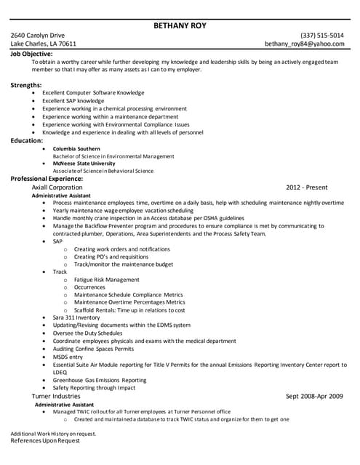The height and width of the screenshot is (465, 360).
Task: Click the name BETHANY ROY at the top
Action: (x=180, y=25)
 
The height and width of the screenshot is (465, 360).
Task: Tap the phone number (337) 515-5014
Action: (x=322, y=35)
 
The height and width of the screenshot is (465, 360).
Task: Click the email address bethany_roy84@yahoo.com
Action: (x=304, y=44)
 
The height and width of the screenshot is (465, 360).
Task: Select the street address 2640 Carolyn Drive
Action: (x=38, y=35)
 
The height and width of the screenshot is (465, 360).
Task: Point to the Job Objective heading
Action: (x=31, y=53)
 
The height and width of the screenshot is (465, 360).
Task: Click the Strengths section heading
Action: (x=25, y=85)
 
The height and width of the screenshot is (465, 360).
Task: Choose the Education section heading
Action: (x=26, y=140)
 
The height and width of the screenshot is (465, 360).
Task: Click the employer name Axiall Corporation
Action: (x=57, y=187)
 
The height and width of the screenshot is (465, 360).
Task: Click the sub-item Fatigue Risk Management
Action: (x=106, y=279)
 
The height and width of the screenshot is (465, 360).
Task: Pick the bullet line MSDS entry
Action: (x=68, y=357)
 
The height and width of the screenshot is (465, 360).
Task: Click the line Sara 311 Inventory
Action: (x=76, y=318)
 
